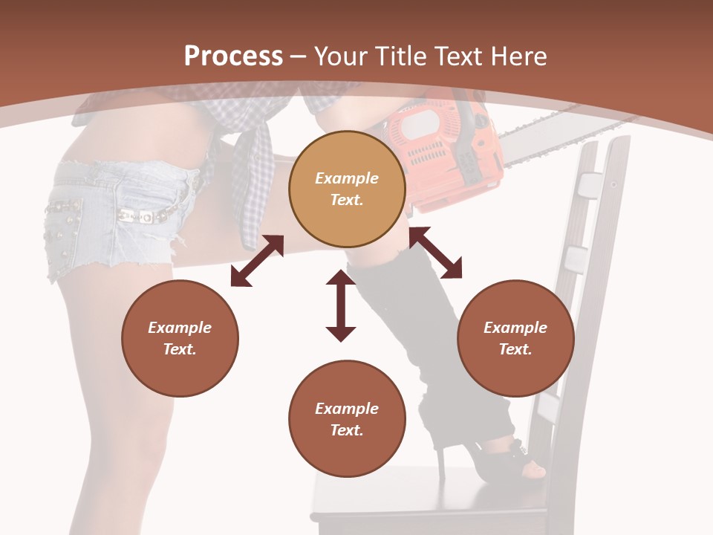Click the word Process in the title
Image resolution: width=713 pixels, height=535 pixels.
(x=233, y=56)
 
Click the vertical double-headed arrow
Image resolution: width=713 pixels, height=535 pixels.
(x=341, y=305)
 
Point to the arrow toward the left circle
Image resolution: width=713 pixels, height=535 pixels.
(x=257, y=261)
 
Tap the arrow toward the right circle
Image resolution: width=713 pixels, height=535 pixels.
(x=435, y=253)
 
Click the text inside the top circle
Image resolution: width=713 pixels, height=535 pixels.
(x=347, y=189)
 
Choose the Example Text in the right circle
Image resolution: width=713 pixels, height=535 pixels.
(x=515, y=338)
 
